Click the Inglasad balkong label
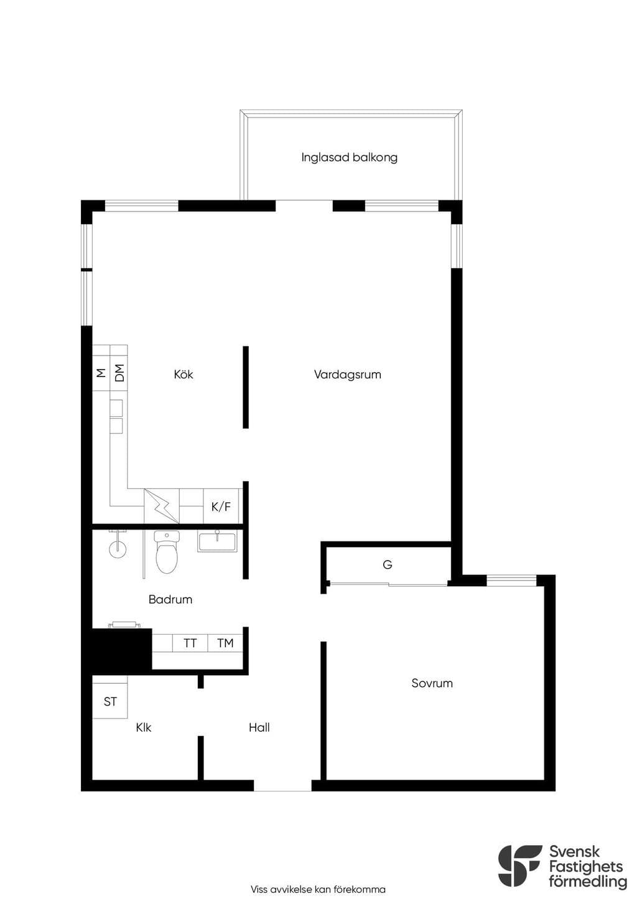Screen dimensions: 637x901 point(349,157)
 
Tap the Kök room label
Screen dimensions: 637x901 point(184,374)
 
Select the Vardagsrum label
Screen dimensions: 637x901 point(348,375)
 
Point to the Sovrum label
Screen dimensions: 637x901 point(432,683)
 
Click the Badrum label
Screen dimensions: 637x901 point(170,599)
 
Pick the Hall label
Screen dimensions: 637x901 point(259,727)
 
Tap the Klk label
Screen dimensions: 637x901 point(144,727)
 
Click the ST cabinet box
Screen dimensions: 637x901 point(109,701)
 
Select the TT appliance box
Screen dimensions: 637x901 point(190,643)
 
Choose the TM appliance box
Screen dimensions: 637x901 point(225,643)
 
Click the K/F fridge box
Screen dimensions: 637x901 point(221,506)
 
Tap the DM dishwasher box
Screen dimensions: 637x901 point(119,368)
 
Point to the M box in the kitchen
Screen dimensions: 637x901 point(101,368)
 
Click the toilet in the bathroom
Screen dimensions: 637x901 point(167,551)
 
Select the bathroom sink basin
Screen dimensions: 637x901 point(217,541)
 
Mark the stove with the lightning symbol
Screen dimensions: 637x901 point(162,506)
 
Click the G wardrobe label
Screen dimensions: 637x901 point(388,565)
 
